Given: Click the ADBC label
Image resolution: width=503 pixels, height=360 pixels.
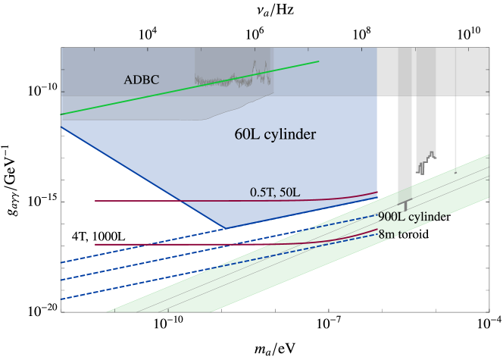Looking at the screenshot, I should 141,80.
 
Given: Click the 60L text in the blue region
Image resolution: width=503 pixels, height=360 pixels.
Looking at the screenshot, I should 247,135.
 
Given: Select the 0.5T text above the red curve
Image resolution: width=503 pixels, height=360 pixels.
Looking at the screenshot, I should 261,193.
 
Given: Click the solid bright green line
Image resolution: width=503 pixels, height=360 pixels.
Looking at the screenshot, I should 189,88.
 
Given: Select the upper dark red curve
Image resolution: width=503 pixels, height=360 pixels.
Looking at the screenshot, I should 227,201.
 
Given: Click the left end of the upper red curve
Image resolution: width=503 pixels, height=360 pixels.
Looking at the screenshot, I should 96,201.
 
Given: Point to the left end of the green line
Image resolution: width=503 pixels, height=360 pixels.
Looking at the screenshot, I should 61,114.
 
